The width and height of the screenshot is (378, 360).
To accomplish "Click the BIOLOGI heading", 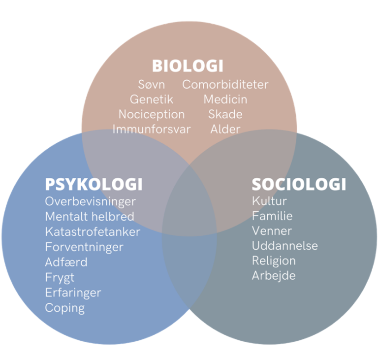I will pyautogui.click(x=188, y=66).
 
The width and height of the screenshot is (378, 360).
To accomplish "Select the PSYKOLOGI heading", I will pyautogui.click(x=94, y=184).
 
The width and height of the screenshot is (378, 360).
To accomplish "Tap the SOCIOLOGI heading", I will pyautogui.click(x=299, y=184).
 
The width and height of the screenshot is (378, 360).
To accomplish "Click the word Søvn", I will pyautogui.click(x=152, y=85).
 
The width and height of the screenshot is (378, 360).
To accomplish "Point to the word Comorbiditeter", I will pyautogui.click(x=225, y=85).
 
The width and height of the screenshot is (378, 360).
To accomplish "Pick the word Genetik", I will pyautogui.click(x=152, y=99).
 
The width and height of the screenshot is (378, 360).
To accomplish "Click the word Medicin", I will pyautogui.click(x=225, y=99).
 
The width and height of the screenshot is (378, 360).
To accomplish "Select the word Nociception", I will pyautogui.click(x=152, y=114).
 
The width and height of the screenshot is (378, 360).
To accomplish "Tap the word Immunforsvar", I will pyautogui.click(x=152, y=130).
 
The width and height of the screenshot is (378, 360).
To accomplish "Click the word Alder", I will pyautogui.click(x=225, y=130).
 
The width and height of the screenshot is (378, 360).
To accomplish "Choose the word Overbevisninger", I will pyautogui.click(x=90, y=201).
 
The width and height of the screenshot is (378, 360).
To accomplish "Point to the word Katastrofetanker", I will pyautogui.click(x=93, y=231).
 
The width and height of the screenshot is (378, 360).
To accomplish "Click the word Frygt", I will pyautogui.click(x=60, y=277).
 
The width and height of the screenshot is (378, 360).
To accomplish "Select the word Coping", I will pyautogui.click(x=64, y=308).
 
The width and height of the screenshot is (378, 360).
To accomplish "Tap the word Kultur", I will pyautogui.click(x=269, y=201).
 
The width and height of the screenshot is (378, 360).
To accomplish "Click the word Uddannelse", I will pyautogui.click(x=285, y=246).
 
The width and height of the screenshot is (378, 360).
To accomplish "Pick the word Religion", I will pyautogui.click(x=274, y=261).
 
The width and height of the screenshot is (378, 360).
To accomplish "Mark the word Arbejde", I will pyautogui.click(x=274, y=275).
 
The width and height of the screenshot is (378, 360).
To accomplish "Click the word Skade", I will pyautogui.click(x=225, y=114).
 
